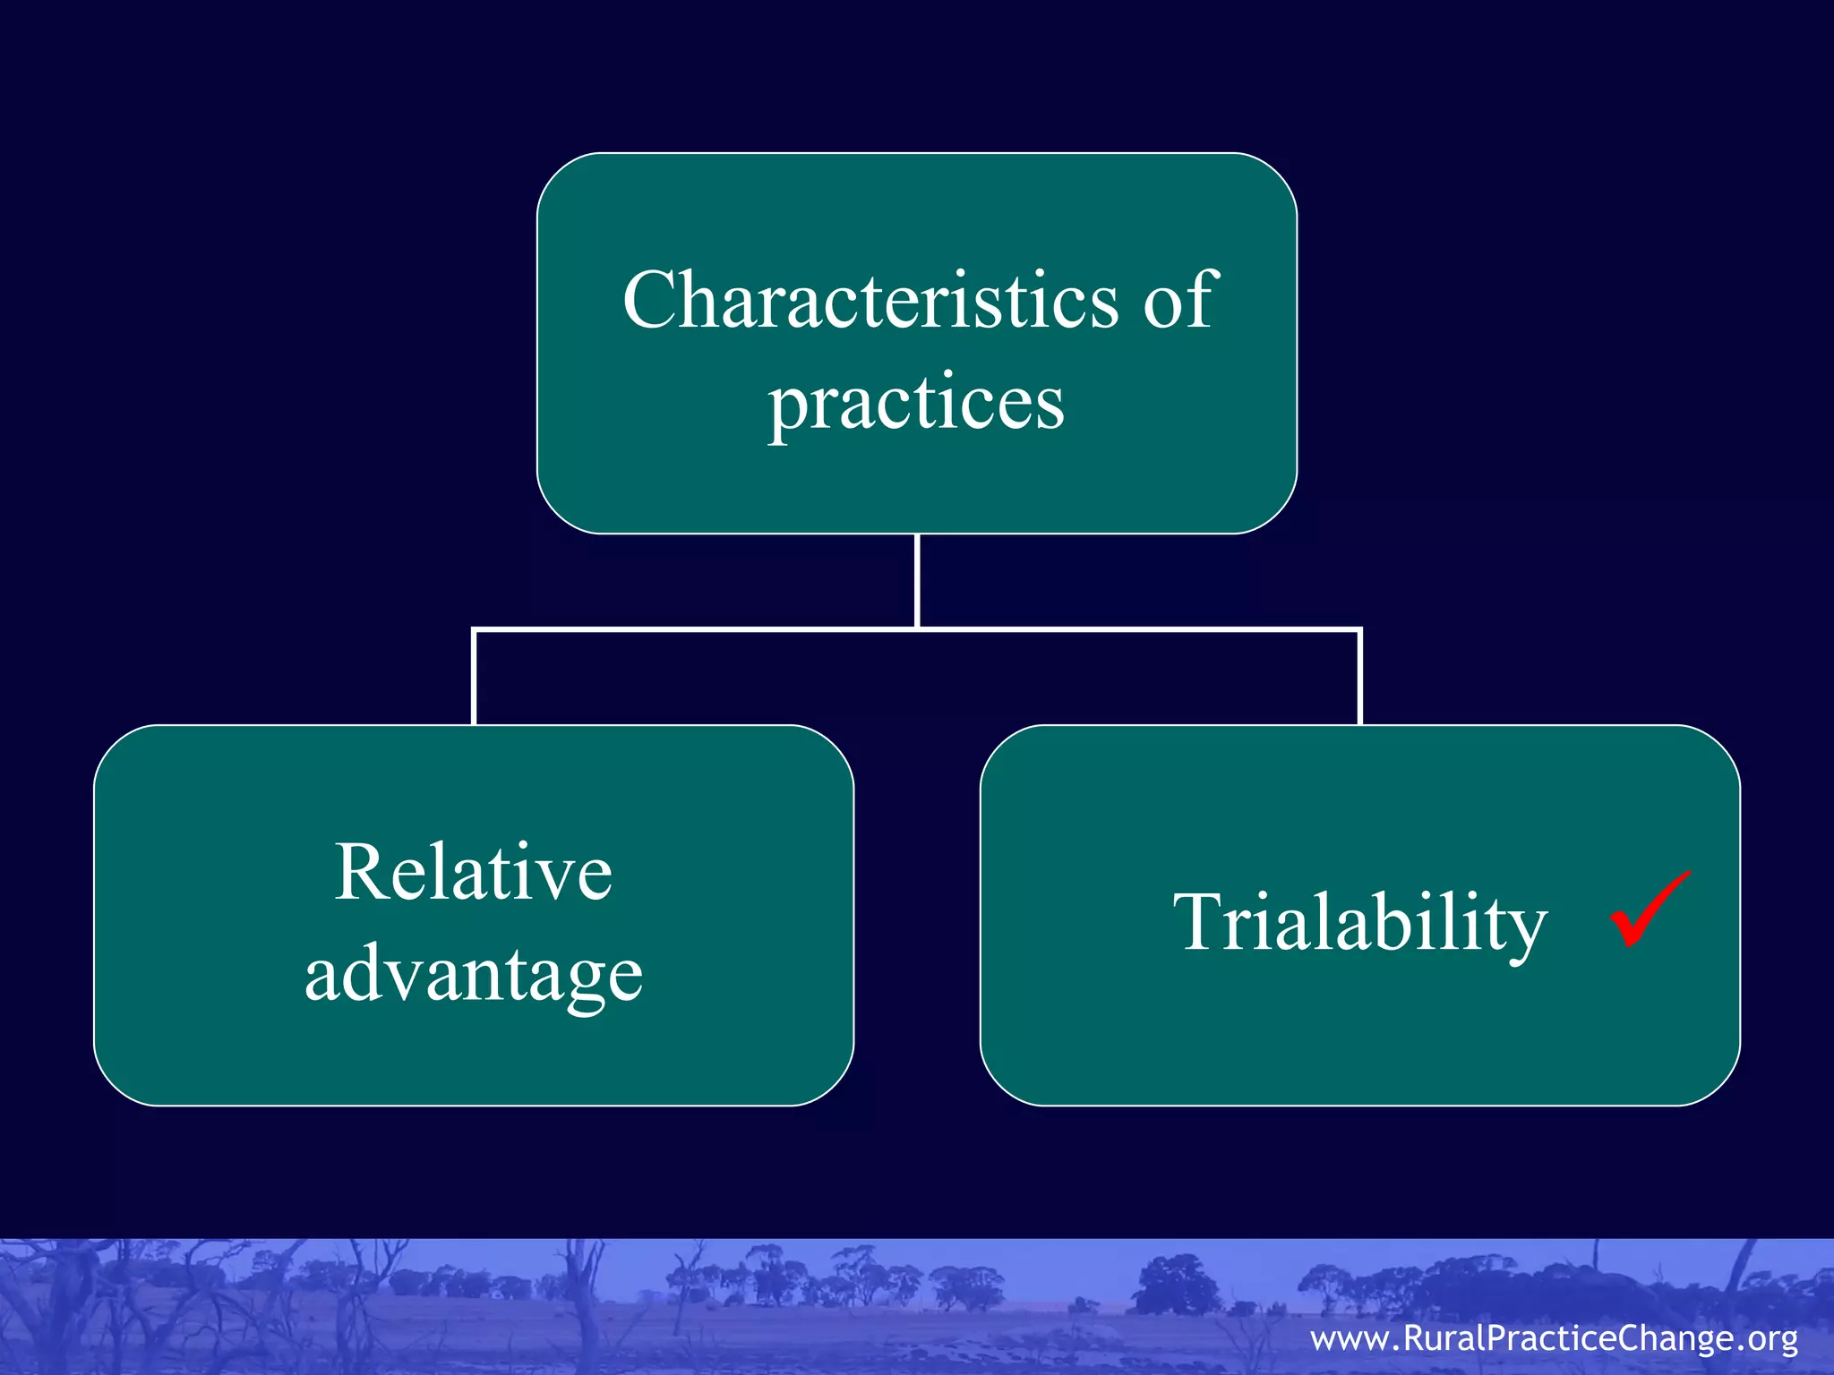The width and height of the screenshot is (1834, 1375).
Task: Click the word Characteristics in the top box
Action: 870,301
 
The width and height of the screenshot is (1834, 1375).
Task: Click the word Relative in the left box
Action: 474,872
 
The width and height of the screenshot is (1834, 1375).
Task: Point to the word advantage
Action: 474,976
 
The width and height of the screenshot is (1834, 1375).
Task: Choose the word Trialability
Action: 1359,924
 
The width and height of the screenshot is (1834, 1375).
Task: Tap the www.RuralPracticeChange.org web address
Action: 1554,1338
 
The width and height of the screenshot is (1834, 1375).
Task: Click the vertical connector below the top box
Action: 917,582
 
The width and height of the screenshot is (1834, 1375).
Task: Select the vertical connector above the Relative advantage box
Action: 474,678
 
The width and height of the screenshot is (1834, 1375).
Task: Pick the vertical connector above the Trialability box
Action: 1359,678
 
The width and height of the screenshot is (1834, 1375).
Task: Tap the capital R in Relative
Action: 360,872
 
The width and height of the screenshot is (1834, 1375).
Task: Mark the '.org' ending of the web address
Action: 1764,1339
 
